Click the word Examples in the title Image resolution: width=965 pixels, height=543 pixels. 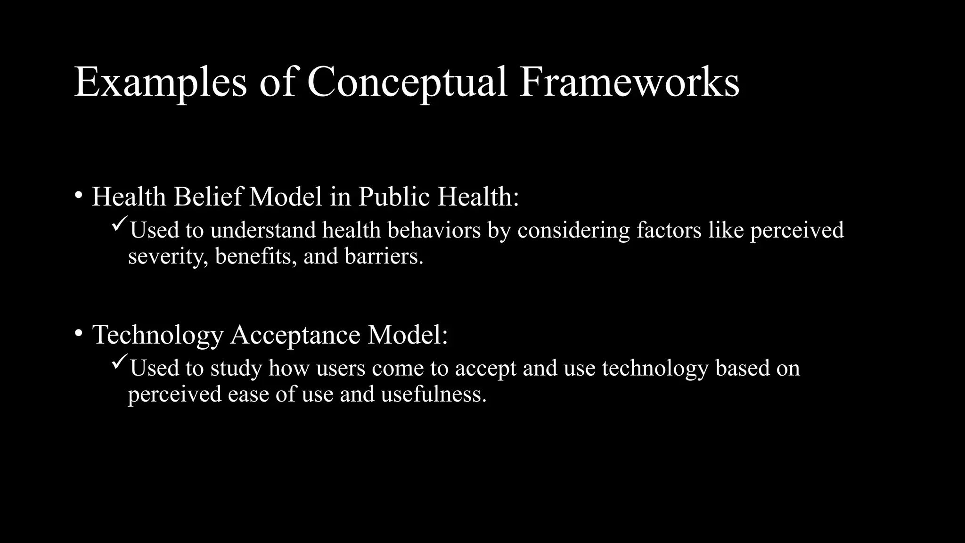[x=160, y=82]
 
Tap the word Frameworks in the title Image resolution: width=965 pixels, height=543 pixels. [x=629, y=82]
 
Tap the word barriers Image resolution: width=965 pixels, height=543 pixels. [x=384, y=255]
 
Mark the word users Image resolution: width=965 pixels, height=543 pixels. [x=341, y=368]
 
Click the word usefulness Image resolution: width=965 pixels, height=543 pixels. [x=433, y=394]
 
